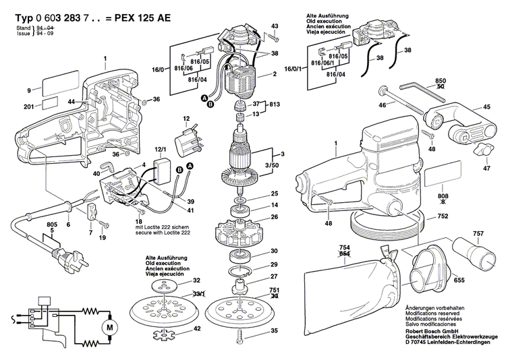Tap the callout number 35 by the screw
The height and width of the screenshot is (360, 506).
pos(274,332)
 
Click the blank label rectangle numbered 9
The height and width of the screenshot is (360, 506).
pos(59,87)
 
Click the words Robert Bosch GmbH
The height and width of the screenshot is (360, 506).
pos(432,332)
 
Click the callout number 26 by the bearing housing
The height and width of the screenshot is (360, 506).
pos(275,216)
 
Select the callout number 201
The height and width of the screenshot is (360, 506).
pos(28,107)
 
